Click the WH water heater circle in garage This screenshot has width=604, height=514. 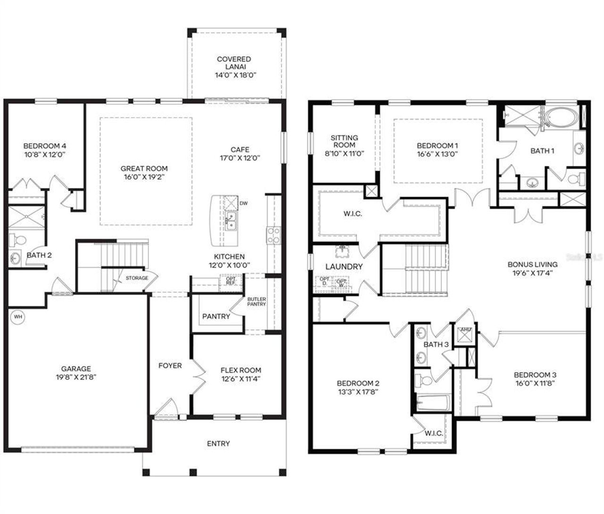[17, 317]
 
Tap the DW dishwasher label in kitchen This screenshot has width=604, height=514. [243, 203]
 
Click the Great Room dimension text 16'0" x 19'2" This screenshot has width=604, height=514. [144, 177]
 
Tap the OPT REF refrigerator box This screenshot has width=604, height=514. [231, 280]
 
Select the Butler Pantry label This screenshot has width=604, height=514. [257, 302]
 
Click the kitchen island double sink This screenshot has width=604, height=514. [231, 221]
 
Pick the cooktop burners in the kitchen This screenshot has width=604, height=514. [274, 235]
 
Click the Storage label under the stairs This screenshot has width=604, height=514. [137, 278]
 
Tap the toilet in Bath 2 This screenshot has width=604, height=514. [18, 240]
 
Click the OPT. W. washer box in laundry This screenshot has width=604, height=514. [341, 283]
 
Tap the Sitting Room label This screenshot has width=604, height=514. [344, 145]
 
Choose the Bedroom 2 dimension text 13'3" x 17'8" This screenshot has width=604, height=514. [358, 391]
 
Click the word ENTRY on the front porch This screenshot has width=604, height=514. [218, 444]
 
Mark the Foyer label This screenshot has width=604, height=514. [170, 365]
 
